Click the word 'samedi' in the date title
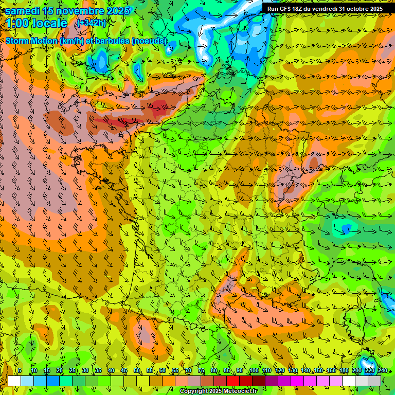point(23,11)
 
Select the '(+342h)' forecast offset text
point(92,23)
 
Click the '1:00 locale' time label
point(37,23)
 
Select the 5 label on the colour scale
point(20,371)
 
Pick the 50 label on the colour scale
point(137,371)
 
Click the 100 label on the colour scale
point(254,371)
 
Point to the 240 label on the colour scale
point(382,371)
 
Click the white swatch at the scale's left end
point(14,381)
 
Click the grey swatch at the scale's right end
point(374,381)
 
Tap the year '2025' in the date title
point(118,11)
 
